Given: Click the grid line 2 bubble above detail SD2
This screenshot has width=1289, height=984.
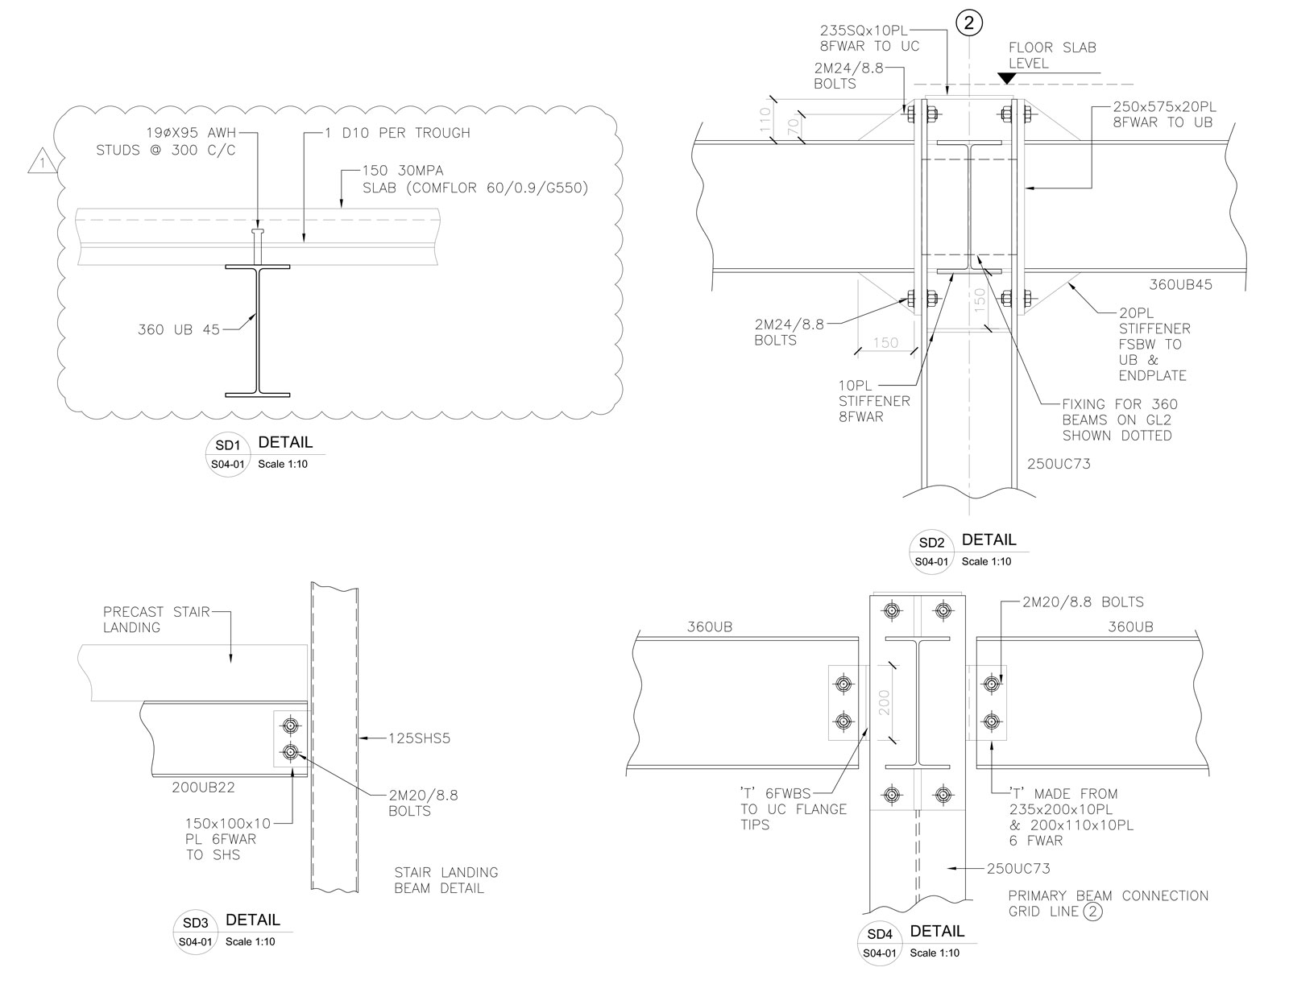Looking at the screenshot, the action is (969, 23).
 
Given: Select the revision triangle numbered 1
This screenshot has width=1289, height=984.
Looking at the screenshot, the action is (42, 161).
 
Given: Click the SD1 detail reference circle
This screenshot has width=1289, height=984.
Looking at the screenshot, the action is (228, 454).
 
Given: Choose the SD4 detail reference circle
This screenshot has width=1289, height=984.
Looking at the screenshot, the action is (880, 943).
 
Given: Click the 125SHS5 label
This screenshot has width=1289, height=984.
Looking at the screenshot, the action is (419, 738).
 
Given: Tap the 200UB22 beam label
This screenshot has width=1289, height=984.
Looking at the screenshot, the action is (203, 788).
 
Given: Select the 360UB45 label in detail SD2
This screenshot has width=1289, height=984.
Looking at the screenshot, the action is (1180, 284).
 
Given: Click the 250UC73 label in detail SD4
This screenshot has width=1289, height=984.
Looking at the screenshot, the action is (1018, 868).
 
